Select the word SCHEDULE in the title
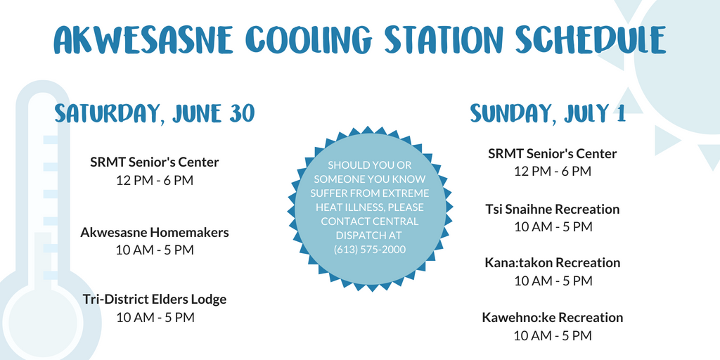pos(591,40)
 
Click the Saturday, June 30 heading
pos(154,113)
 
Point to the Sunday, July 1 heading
pos(548,112)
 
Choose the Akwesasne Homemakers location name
pos(155,232)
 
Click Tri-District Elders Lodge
pos(155,300)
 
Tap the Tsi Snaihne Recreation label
pos(553,210)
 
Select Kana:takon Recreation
pos(553,263)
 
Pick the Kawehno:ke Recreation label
pos(553,317)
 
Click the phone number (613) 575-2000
pos(370,249)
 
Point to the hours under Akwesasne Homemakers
pos(155,250)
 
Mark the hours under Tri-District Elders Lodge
pos(155,317)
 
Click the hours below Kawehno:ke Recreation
pos(553,335)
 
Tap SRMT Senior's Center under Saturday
pos(155,162)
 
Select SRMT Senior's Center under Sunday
pos(553,153)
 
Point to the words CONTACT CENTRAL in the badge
pos(370,221)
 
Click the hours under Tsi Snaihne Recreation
pos(553,227)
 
